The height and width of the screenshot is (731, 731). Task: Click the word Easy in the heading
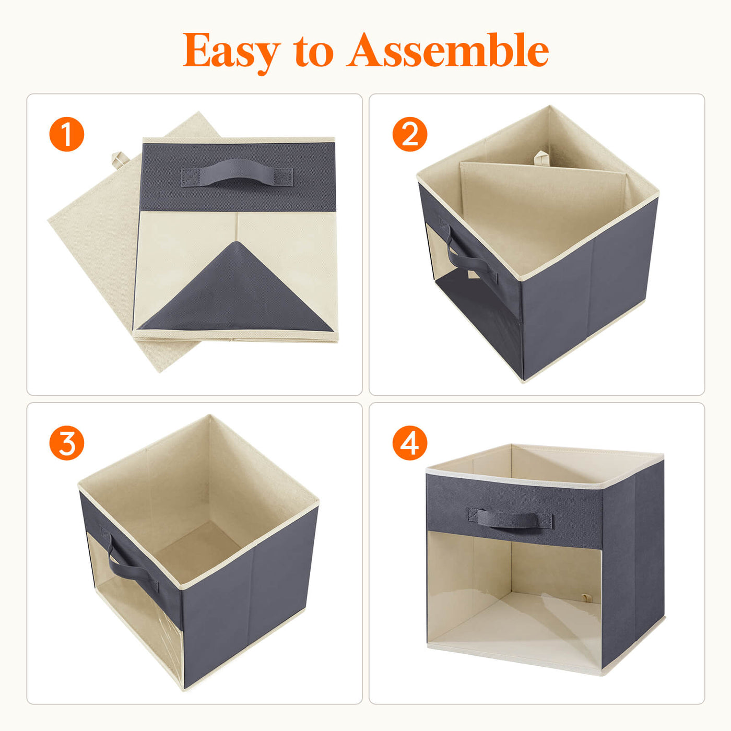[x=231, y=52]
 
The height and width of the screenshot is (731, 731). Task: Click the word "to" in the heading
[x=313, y=52]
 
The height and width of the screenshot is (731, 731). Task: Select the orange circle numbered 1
[x=67, y=134]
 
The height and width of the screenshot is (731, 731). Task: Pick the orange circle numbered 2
[x=410, y=134]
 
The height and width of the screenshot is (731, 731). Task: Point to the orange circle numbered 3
[x=67, y=443]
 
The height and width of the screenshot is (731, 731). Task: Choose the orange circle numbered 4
[x=410, y=443]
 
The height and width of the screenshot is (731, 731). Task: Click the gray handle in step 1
[x=237, y=173]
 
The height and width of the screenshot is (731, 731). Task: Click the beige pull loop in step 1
[x=119, y=159]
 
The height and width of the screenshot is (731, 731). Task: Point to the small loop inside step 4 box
[x=587, y=598]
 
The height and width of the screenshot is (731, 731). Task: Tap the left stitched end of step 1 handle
[x=190, y=178]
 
